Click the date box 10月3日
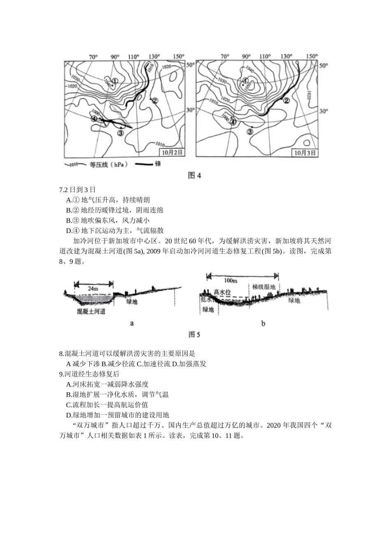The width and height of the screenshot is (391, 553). [305, 153]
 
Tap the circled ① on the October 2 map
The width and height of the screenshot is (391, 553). [115, 81]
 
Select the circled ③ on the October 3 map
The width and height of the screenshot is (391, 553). [249, 132]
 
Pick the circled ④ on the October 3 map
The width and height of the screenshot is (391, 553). [233, 121]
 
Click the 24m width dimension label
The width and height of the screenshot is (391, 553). [94, 288]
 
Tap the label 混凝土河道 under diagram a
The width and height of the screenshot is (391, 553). [91, 311]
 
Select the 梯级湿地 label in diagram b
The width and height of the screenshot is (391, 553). [264, 287]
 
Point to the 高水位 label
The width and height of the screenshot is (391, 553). [222, 292]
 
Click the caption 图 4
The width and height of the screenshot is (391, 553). [194, 176]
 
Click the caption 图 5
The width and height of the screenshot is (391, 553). [194, 335]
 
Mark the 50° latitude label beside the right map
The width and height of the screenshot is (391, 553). [324, 65]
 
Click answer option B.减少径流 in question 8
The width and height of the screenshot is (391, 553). [119, 364]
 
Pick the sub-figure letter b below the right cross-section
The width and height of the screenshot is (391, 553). [263, 323]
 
